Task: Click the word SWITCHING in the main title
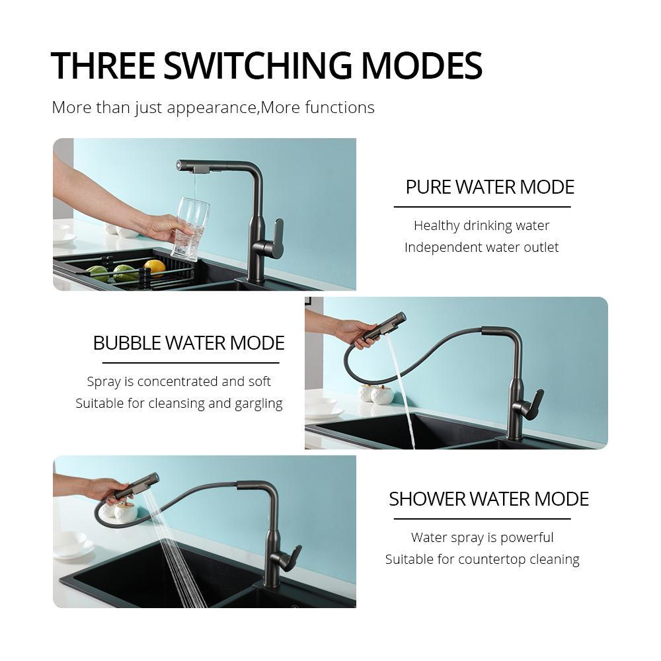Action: pyautogui.click(x=258, y=65)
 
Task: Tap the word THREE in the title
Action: pyautogui.click(x=103, y=65)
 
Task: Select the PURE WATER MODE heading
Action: pyautogui.click(x=489, y=187)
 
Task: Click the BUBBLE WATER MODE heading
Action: pyautogui.click(x=188, y=343)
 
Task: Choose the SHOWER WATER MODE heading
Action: pyautogui.click(x=488, y=499)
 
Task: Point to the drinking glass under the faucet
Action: pyautogui.click(x=191, y=229)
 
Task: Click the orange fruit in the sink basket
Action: pyautogui.click(x=154, y=267)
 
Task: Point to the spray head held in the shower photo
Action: pyautogui.click(x=137, y=486)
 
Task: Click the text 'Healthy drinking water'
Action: pyautogui.click(x=481, y=226)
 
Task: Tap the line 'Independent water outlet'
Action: pyautogui.click(x=481, y=247)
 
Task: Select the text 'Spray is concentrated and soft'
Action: pyautogui.click(x=178, y=382)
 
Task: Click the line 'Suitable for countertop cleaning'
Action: pyautogui.click(x=483, y=559)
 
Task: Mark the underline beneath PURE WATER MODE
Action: pyautogui.click(x=483, y=207)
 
